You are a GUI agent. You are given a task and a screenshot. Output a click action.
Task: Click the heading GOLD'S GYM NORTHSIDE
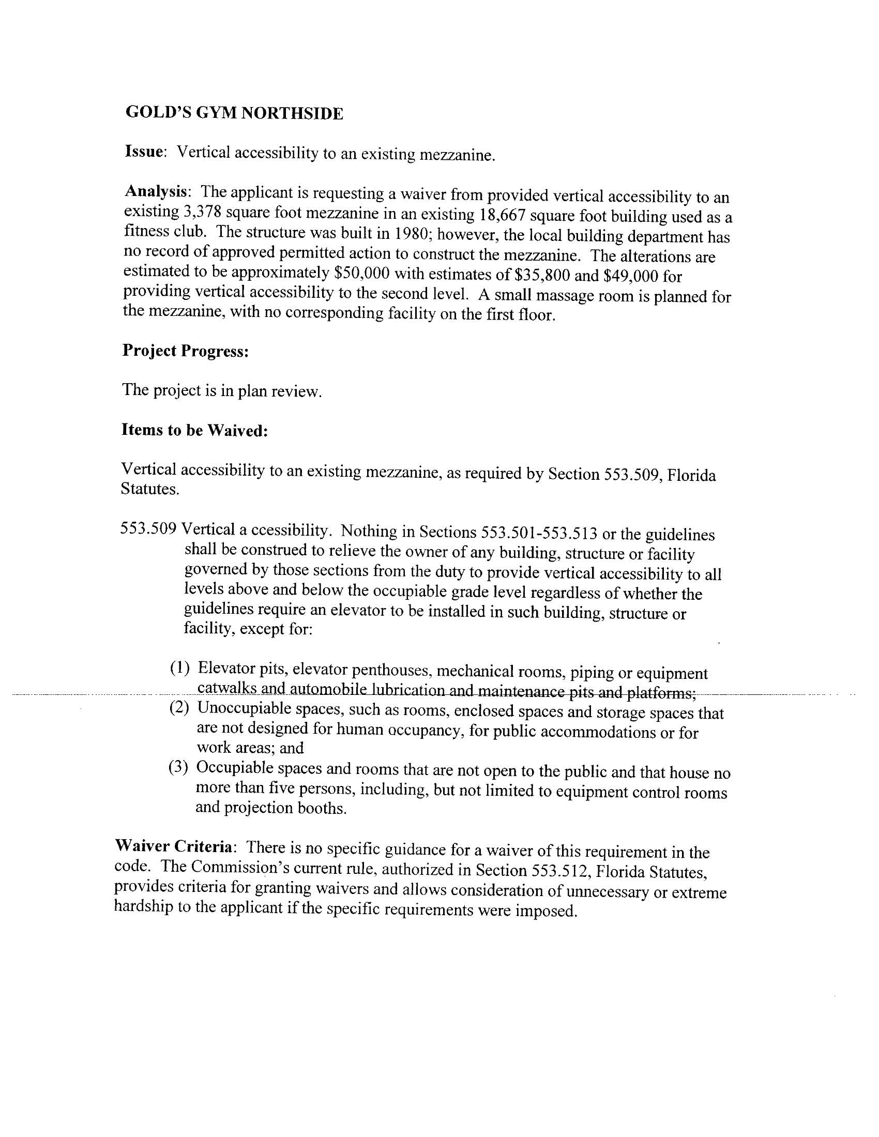[234, 113]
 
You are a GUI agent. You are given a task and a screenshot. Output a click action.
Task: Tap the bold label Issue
[144, 151]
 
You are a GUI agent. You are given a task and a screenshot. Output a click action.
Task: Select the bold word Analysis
[156, 191]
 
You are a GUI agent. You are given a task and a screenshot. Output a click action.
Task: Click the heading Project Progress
[186, 351]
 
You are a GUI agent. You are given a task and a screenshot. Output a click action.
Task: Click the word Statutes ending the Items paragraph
[149, 489]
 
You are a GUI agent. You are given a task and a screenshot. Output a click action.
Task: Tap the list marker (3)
[178, 767]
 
